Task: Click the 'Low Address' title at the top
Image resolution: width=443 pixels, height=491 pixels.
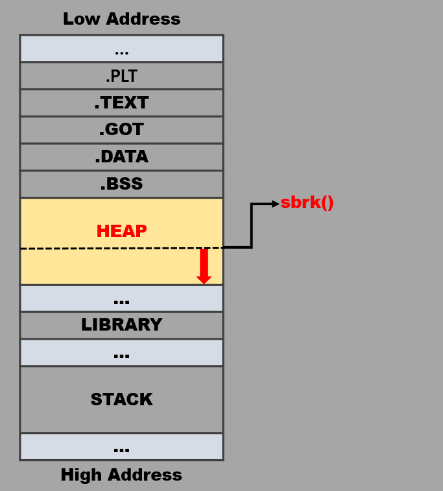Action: (x=121, y=19)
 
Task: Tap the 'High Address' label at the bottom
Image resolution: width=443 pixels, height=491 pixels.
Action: (x=121, y=475)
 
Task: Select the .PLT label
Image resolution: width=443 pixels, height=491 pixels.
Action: (x=121, y=76)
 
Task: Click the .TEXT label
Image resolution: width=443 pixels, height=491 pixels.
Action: (x=121, y=103)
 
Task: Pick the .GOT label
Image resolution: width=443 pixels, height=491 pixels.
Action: (x=121, y=130)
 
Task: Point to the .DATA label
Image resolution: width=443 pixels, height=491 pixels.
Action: (x=121, y=157)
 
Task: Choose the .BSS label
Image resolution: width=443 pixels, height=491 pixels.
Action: (x=121, y=184)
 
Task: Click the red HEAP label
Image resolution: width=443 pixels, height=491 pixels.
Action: (x=121, y=231)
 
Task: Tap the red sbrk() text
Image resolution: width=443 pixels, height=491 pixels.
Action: (x=307, y=203)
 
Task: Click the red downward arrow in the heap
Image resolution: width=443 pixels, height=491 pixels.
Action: (x=204, y=266)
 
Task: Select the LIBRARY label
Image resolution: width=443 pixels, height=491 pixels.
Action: (x=121, y=325)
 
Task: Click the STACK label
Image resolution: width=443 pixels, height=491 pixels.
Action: (x=121, y=399)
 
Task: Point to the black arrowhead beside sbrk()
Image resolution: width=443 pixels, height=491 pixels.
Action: (x=275, y=204)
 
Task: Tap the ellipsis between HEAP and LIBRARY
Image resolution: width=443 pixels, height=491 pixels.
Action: (x=121, y=301)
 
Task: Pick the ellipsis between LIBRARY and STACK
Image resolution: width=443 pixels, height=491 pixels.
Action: (x=121, y=355)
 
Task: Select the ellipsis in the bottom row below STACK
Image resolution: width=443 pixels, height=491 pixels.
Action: (x=121, y=449)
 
